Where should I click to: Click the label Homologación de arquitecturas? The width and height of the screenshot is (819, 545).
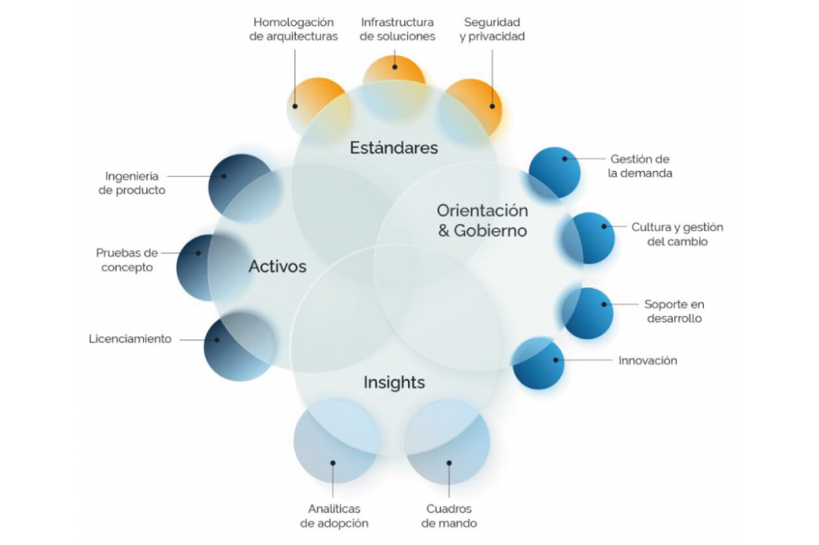click(294, 29)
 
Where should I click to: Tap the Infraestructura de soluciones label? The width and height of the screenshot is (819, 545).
click(398, 29)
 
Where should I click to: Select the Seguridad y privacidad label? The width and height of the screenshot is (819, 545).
click(493, 29)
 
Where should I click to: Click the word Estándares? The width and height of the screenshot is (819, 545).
click(394, 148)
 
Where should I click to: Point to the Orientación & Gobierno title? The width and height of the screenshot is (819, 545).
click(482, 220)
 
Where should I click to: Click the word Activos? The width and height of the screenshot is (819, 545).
click(278, 266)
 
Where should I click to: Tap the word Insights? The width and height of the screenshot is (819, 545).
click(394, 383)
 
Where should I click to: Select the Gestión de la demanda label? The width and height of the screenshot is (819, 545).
click(640, 166)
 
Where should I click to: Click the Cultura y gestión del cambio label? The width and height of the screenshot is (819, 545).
click(677, 234)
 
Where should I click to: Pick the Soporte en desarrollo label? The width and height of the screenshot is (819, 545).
click(673, 311)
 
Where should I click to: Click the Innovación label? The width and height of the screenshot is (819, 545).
click(648, 361)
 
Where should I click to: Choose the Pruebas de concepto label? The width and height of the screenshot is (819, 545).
click(129, 260)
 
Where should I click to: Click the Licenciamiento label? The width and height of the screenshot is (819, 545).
click(130, 339)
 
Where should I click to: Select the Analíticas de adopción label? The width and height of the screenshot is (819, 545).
click(334, 516)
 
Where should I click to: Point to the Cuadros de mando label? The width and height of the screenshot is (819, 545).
click(449, 516)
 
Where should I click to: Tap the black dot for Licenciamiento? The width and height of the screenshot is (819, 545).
click(216, 339)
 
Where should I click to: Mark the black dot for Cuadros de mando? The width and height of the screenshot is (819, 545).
click(449, 462)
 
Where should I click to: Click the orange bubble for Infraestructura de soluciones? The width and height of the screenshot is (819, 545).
click(394, 70)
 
